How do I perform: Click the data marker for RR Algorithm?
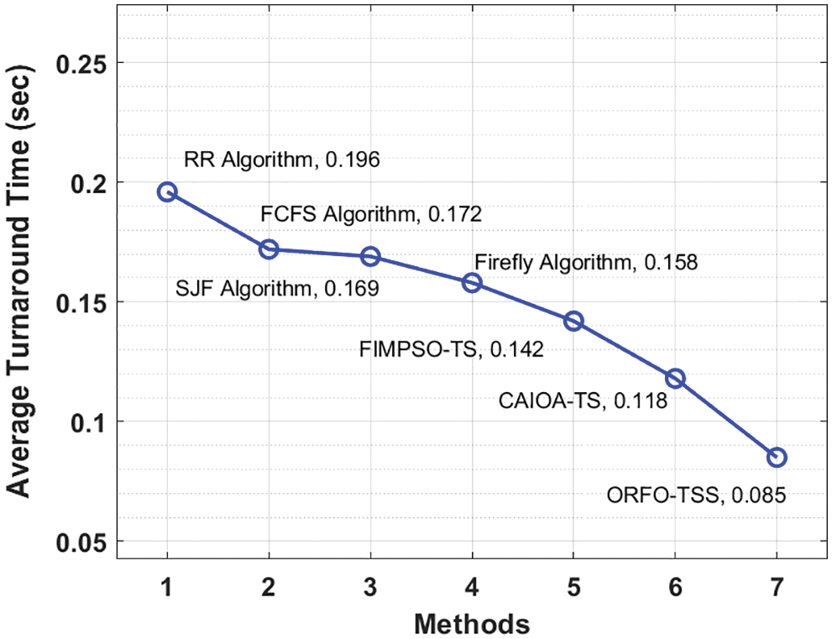point(167,191)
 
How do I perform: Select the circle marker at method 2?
point(269,249)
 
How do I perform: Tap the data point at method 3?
point(370,256)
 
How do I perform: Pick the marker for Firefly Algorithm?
point(472,282)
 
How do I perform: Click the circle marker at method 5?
point(573,321)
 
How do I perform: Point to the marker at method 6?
point(675,378)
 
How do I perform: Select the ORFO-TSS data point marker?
point(777,457)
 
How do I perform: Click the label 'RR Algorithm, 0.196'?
point(282,160)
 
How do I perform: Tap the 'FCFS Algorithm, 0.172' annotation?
point(370,214)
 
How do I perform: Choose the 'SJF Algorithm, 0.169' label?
point(277,290)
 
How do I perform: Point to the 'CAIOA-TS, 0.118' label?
point(583,402)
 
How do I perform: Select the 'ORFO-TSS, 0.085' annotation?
point(696,495)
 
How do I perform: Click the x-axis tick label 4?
point(472,589)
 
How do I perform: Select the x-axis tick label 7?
point(777,589)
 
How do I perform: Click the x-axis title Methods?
point(472,624)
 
